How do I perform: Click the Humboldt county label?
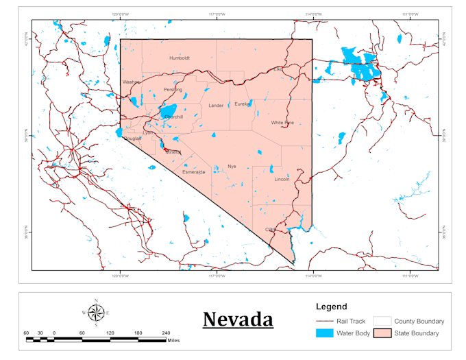tap(180, 58)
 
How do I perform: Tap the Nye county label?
tap(232, 167)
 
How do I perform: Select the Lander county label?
tap(216, 106)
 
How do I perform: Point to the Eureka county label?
tap(243, 104)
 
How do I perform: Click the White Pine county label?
tap(282, 123)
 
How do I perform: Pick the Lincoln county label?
tap(282, 179)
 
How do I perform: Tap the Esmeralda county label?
tap(193, 172)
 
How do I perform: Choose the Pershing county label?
tap(173, 90)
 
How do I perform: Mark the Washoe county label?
tap(130, 82)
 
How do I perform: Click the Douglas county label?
tap(132, 139)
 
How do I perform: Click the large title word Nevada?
tap(238, 320)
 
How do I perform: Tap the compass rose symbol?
tap(96, 313)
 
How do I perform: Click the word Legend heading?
tap(331, 307)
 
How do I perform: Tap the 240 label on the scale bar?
tap(165, 333)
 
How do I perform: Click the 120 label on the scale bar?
tap(110, 333)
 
